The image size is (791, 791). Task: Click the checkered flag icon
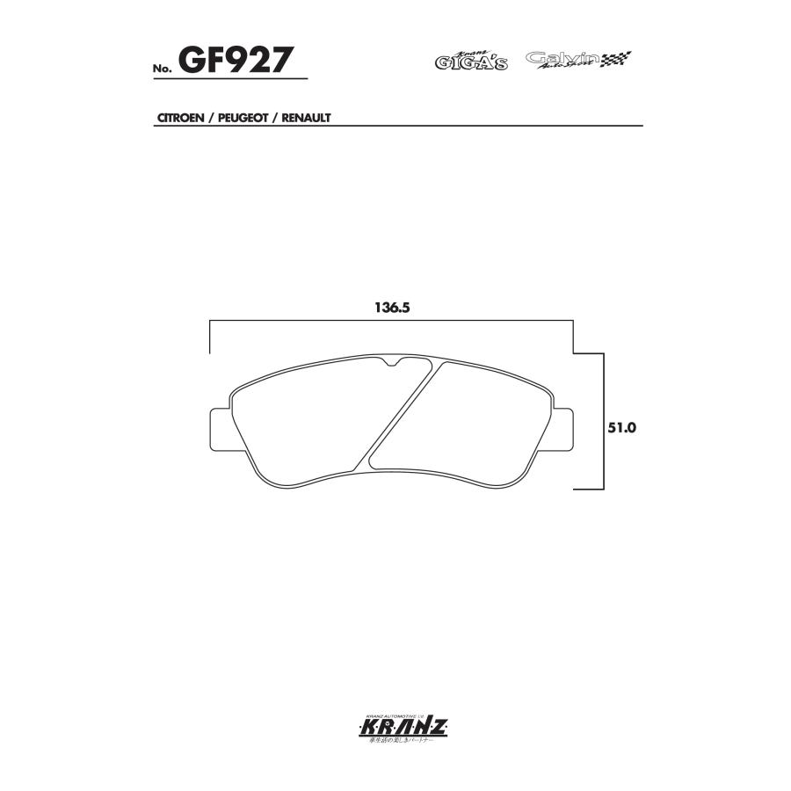click(618, 60)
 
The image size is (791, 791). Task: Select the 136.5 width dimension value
click(393, 308)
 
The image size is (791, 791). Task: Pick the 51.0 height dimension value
click(621, 428)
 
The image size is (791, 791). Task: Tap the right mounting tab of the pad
click(562, 432)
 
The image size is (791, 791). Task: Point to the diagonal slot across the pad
click(401, 413)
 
